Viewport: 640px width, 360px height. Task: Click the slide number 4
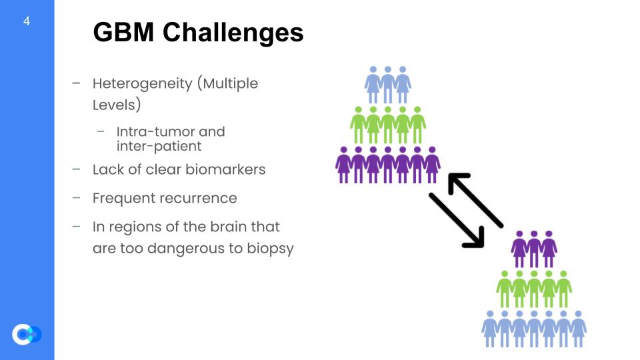click(27, 21)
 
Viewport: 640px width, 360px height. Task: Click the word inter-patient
click(159, 146)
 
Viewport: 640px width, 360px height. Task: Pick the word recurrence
click(204, 198)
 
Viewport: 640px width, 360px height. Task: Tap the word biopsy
click(271, 249)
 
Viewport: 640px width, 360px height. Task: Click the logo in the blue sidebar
click(27, 333)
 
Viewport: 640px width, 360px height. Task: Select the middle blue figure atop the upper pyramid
click(387, 84)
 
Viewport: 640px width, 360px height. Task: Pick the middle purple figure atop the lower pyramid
click(534, 248)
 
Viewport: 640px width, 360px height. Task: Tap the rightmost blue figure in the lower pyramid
click(579, 328)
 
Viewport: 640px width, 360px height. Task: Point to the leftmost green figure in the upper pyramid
click(359, 124)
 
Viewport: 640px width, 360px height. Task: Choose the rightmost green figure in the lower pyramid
click(564, 289)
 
